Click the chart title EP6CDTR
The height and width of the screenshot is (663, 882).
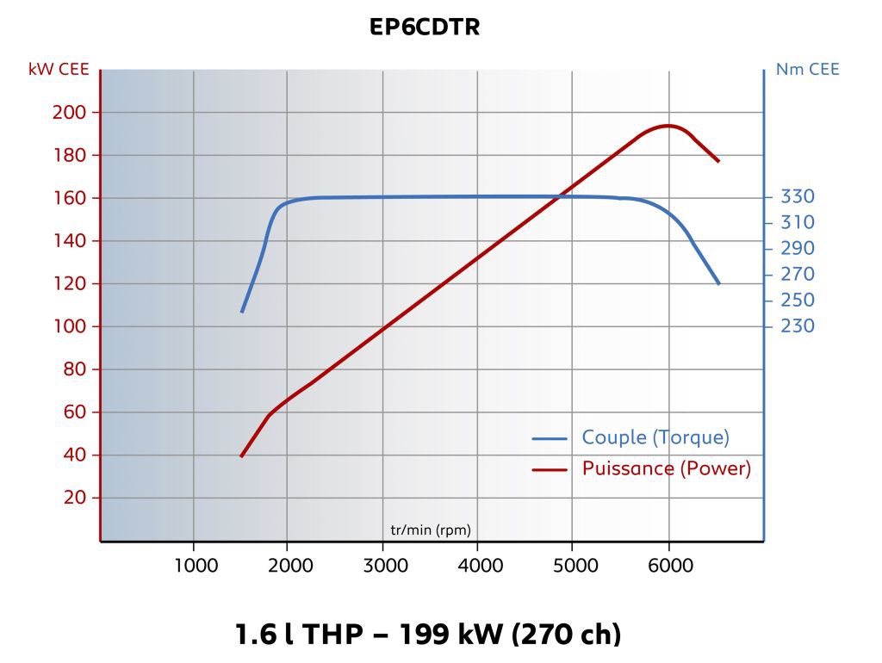tap(425, 28)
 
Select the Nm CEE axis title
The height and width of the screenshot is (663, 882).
tap(807, 70)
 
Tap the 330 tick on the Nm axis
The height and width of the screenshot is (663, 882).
tap(797, 196)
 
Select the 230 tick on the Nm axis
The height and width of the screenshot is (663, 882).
tap(797, 325)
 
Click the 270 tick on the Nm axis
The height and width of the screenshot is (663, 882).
tap(797, 274)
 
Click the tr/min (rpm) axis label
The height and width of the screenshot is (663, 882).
tap(431, 529)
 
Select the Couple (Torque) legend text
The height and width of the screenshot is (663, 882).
tap(655, 437)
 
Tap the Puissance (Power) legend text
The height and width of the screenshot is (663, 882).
tap(666, 468)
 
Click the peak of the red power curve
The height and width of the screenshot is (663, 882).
tap(668, 126)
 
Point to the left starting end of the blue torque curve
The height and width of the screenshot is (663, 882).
tap(242, 311)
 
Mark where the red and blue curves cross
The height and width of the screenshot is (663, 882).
tap(560, 196)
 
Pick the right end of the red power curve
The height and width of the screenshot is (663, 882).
tap(717, 161)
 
